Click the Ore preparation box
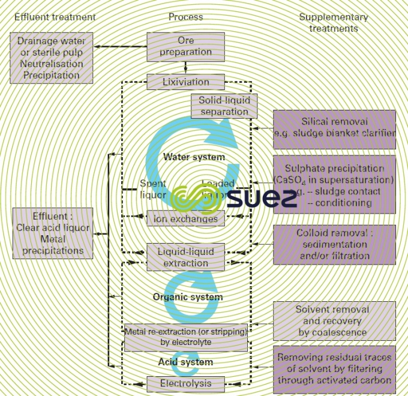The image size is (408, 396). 186,47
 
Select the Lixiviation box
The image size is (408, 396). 186,82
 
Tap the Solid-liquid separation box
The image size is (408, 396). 224,106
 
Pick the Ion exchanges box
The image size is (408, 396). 186,219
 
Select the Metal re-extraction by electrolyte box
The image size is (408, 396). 185,337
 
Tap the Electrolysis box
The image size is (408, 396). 186,383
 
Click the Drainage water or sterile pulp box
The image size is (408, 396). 52,58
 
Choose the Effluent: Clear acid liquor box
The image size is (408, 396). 53,233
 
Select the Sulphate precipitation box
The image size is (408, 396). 334,185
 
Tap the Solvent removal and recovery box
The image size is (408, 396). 334,321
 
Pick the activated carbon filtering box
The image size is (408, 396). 334,368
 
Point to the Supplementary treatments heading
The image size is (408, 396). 328,22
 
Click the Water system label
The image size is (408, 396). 194,157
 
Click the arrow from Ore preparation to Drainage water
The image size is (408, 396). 120,46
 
